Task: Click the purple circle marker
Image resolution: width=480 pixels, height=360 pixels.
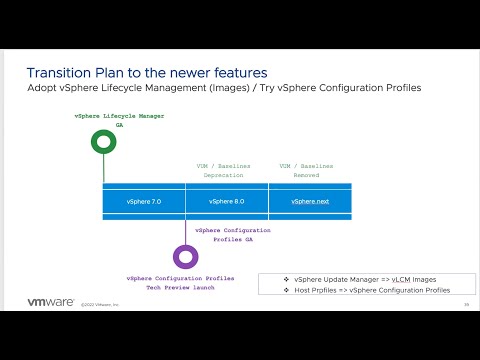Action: pos(186,257)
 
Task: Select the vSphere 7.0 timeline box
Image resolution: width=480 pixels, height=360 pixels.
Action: pos(144,201)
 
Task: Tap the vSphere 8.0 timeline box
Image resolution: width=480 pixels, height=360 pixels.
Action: pos(227,201)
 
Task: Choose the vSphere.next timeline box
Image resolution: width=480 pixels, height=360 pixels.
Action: pos(310,201)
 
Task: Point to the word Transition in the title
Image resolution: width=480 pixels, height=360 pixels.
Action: pos(61,73)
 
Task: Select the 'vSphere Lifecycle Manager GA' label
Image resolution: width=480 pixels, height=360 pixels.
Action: pos(120,121)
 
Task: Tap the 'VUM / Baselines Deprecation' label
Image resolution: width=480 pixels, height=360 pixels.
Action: pos(223,170)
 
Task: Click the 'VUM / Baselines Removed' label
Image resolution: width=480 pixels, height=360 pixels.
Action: pos(307,170)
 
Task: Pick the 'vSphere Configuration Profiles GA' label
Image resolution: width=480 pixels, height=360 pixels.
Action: pos(233,234)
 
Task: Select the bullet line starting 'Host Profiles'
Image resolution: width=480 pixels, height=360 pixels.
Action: pos(365,290)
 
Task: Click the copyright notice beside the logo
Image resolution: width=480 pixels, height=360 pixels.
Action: pos(100,304)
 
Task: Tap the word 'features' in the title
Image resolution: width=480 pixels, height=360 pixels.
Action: pos(240,73)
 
